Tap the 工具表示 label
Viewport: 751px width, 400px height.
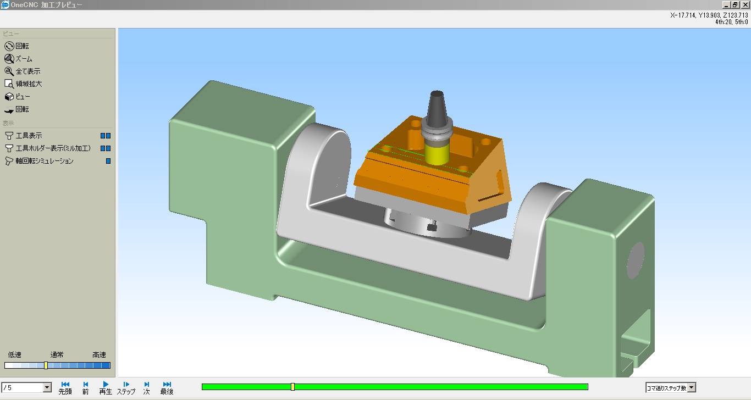[29, 136]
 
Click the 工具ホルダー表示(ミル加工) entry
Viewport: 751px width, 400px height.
[53, 148]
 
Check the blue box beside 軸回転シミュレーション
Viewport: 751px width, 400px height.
[108, 161]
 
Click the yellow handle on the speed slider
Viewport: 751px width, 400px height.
[46, 365]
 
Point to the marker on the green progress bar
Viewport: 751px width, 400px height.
[292, 387]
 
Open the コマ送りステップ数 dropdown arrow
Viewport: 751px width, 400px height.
[692, 388]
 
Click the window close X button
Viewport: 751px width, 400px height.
[745, 4]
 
